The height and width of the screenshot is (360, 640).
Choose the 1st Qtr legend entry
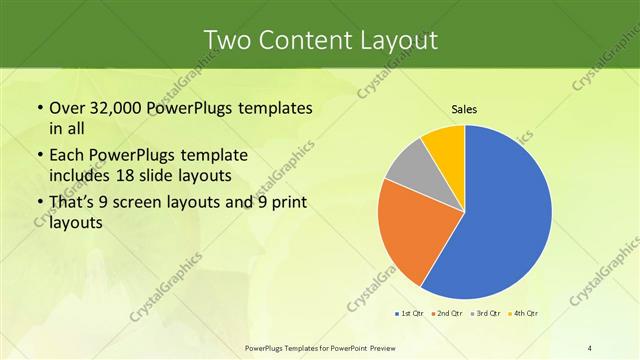click(x=410, y=314)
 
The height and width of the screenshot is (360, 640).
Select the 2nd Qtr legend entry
click(x=446, y=314)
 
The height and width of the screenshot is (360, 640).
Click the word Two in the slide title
click(x=228, y=41)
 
